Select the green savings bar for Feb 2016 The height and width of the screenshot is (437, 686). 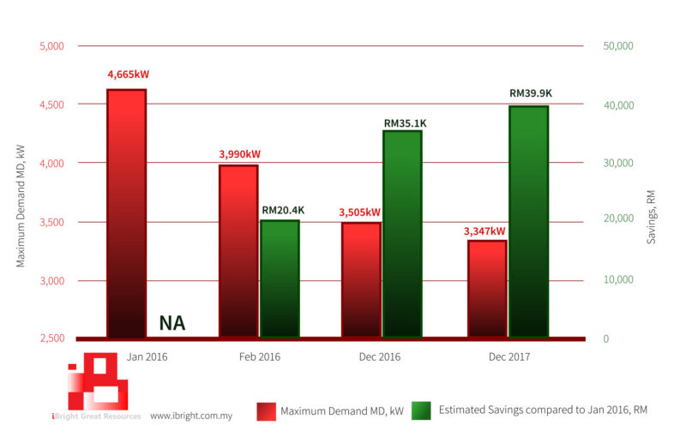280,278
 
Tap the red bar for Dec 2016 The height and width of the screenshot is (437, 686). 361,279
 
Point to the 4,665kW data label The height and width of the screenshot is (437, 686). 128,75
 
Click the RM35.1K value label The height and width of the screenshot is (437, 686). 405,123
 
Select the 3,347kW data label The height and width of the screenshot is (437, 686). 484,230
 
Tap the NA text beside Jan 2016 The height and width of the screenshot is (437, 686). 172,324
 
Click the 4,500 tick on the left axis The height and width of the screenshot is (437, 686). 52,105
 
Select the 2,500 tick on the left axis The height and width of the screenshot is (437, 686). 52,338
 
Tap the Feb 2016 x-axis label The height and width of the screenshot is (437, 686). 258,356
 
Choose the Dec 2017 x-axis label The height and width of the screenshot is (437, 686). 508,356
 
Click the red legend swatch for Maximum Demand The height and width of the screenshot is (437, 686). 266,411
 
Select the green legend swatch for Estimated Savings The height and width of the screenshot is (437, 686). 421,411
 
